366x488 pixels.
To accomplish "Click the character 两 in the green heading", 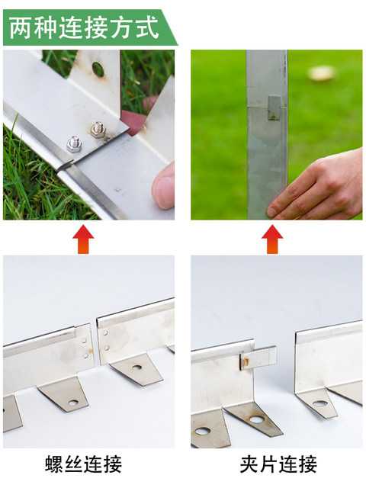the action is pos(21,27).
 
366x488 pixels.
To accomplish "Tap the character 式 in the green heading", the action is pos(147,27).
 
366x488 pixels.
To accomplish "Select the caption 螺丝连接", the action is pos(83,464).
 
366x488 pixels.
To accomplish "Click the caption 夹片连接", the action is pos(278,464).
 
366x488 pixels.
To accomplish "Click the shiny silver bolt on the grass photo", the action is pos(74,144).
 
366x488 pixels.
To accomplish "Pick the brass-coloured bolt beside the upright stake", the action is pos(98,130).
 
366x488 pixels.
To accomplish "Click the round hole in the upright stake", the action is pos(98,69).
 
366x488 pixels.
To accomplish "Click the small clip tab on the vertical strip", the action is pos(274,108).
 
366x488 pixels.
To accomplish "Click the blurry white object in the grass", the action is pos(322,73).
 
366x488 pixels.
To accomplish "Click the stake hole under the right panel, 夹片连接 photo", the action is pos(320,403).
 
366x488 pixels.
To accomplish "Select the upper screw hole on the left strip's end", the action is pos(84,341).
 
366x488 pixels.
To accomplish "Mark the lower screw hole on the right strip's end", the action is pos(106,348).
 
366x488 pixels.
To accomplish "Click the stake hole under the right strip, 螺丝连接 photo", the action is pos(137,368).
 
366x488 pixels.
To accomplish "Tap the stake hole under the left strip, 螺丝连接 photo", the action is pos(73,403).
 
